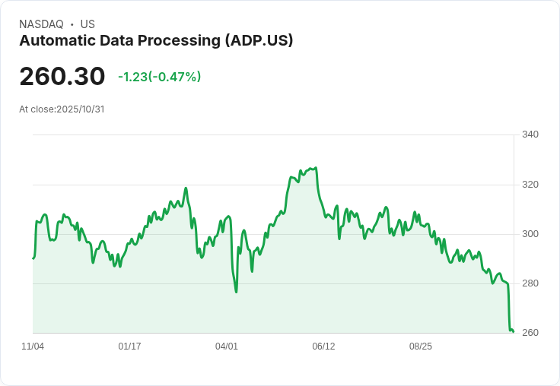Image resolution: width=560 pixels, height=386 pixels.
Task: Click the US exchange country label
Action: [x=87, y=24]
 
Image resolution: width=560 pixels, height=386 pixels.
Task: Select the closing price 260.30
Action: [x=62, y=77]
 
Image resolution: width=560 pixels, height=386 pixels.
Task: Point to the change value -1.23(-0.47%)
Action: [x=159, y=77]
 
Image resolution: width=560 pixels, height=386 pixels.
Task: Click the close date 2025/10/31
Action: [x=80, y=109]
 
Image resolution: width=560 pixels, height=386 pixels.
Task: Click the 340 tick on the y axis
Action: [x=530, y=134]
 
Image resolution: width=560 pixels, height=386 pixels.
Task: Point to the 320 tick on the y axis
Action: [x=530, y=184]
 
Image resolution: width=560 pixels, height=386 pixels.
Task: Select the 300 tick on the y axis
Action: [x=530, y=234]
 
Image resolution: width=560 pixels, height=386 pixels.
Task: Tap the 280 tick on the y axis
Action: [x=530, y=283]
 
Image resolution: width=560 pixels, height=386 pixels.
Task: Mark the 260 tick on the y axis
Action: [x=530, y=333]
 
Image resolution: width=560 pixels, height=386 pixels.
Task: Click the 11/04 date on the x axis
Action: [x=33, y=346]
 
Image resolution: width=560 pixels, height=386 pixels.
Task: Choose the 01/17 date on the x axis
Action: [x=129, y=346]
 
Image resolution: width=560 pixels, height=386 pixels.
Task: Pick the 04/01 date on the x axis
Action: [x=227, y=346]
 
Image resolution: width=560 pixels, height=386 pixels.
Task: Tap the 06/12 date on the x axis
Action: [x=323, y=346]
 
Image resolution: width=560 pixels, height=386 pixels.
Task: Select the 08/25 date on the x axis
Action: [x=421, y=346]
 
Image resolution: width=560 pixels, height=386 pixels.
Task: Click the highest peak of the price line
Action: [x=315, y=168]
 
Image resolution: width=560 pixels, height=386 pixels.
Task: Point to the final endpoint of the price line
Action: [x=514, y=331]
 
